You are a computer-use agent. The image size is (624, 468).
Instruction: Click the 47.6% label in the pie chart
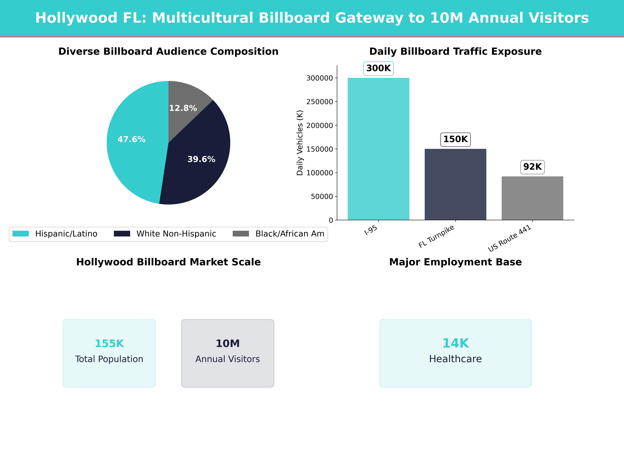[x=131, y=139]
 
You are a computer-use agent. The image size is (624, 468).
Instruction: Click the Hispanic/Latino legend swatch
[x=21, y=234]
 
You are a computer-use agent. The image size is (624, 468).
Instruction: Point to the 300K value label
[x=378, y=68]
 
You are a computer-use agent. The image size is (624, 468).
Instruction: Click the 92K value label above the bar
[x=532, y=167]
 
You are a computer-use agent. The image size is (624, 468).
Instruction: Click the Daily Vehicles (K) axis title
[x=300, y=143]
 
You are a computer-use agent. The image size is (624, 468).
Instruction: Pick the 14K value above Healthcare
[x=455, y=343]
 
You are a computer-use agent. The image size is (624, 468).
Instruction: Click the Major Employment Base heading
[x=455, y=262]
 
